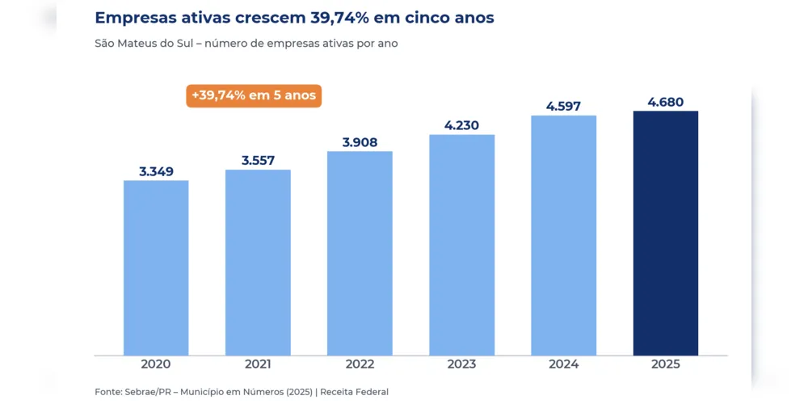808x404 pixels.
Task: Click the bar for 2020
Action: (x=156, y=268)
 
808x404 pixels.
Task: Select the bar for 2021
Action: (x=258, y=263)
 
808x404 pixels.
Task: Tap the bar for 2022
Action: (x=360, y=253)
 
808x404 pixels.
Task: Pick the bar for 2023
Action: (x=461, y=245)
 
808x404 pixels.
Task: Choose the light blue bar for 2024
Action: (x=564, y=235)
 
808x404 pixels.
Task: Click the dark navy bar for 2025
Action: (x=666, y=233)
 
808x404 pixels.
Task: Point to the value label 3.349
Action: (x=156, y=171)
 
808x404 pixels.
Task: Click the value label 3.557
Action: (x=259, y=160)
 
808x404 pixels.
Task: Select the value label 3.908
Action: (x=360, y=142)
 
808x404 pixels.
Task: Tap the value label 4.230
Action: (x=461, y=125)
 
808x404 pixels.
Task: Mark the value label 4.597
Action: (x=564, y=106)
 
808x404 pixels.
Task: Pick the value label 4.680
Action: (x=666, y=102)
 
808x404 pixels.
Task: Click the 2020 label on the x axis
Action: (x=156, y=364)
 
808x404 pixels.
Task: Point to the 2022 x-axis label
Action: (x=360, y=364)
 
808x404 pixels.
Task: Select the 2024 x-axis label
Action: (x=564, y=364)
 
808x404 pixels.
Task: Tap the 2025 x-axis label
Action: (x=666, y=364)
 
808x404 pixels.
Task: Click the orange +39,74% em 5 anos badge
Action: (x=254, y=96)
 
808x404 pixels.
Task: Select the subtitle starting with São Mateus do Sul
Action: (x=246, y=44)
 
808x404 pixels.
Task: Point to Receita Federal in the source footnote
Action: (x=355, y=392)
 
